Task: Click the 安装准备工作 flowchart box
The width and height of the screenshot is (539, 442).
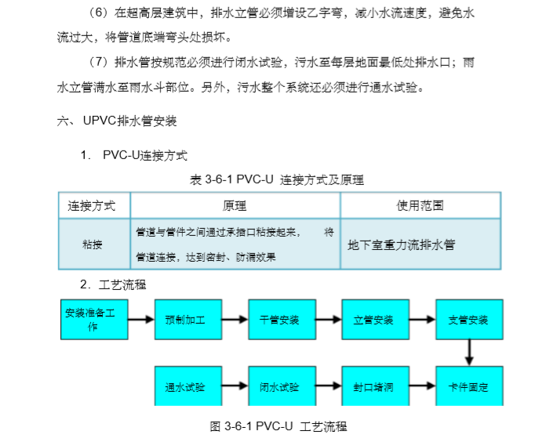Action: (93, 319)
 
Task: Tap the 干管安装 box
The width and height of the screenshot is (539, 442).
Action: (279, 320)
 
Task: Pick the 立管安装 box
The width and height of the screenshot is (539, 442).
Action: (373, 320)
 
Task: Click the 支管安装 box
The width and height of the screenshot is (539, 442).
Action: (468, 320)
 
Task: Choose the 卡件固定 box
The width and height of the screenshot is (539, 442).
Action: (468, 386)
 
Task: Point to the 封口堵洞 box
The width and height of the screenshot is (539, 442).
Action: (373, 386)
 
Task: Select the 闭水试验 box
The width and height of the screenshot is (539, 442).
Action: (279, 386)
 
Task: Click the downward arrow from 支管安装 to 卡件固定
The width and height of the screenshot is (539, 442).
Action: (468, 353)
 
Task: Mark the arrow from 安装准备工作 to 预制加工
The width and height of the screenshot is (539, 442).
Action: (140, 320)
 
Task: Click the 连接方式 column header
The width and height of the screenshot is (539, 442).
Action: (92, 206)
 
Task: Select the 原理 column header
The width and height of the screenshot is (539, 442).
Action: (235, 206)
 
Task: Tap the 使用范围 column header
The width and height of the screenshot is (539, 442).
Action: (420, 206)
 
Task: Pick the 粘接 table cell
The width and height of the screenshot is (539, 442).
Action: (92, 244)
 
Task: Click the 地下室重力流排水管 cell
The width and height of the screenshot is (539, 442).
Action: (402, 244)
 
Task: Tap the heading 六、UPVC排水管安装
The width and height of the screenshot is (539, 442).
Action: (117, 121)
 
